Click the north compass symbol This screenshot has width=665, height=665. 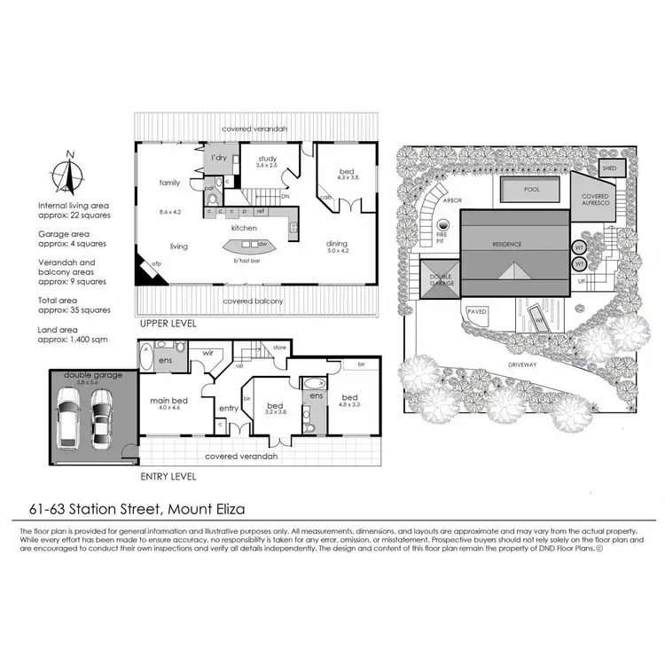click(67, 174)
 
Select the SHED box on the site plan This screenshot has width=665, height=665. click(609, 168)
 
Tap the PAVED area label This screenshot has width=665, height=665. click(478, 312)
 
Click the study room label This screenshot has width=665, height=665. click(267, 160)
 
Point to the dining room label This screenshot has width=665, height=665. click(337, 244)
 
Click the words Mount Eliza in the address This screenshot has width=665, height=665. click(205, 508)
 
